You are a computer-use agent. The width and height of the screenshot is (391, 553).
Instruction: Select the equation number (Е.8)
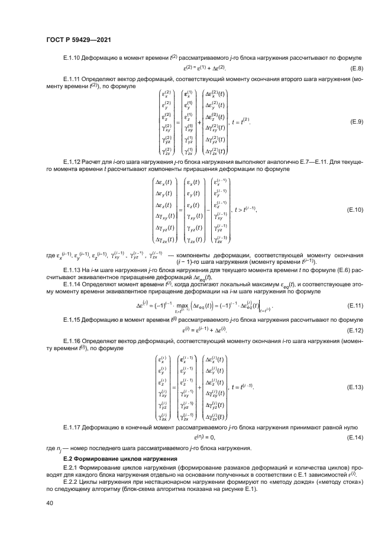tap(354, 69)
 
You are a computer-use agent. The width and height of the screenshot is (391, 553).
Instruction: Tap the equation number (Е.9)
tap(354, 122)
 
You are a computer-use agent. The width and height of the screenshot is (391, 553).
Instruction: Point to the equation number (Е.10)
tap(353, 209)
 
